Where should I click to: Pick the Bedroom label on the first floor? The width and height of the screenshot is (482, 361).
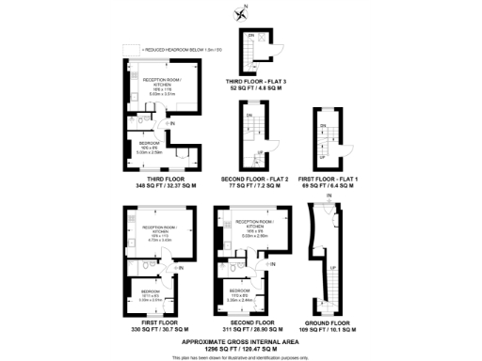pos(149,291)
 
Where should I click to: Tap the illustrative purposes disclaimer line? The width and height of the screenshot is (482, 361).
pos(242,354)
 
